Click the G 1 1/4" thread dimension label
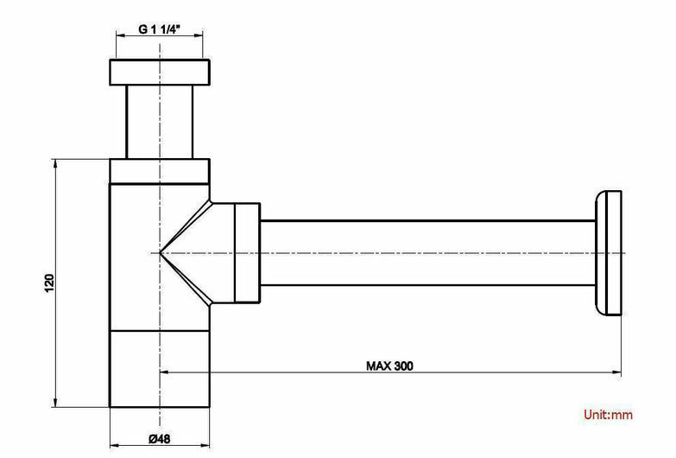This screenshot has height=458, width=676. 159,29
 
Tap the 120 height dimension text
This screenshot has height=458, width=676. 49,283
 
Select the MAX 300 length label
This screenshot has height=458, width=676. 389,366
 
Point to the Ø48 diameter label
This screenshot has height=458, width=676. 160,439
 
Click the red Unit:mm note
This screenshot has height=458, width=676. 609,415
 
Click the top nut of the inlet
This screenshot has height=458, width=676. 160,72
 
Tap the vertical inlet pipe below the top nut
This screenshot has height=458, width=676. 160,122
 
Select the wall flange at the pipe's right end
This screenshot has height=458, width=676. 609,253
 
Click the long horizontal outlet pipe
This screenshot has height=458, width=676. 428,253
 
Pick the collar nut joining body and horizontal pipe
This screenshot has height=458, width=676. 248,253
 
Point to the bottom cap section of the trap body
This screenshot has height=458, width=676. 160,369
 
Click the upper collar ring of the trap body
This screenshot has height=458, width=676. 160,171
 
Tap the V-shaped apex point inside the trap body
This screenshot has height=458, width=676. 160,252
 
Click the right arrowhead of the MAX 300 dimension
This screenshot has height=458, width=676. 617,372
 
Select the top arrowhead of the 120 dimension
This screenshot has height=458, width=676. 54,163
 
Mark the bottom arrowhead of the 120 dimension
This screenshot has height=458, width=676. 54,403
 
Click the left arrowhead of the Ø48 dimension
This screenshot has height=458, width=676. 114,445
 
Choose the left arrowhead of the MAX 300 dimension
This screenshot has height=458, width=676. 165,372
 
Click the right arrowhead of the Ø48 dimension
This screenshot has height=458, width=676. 205,445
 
